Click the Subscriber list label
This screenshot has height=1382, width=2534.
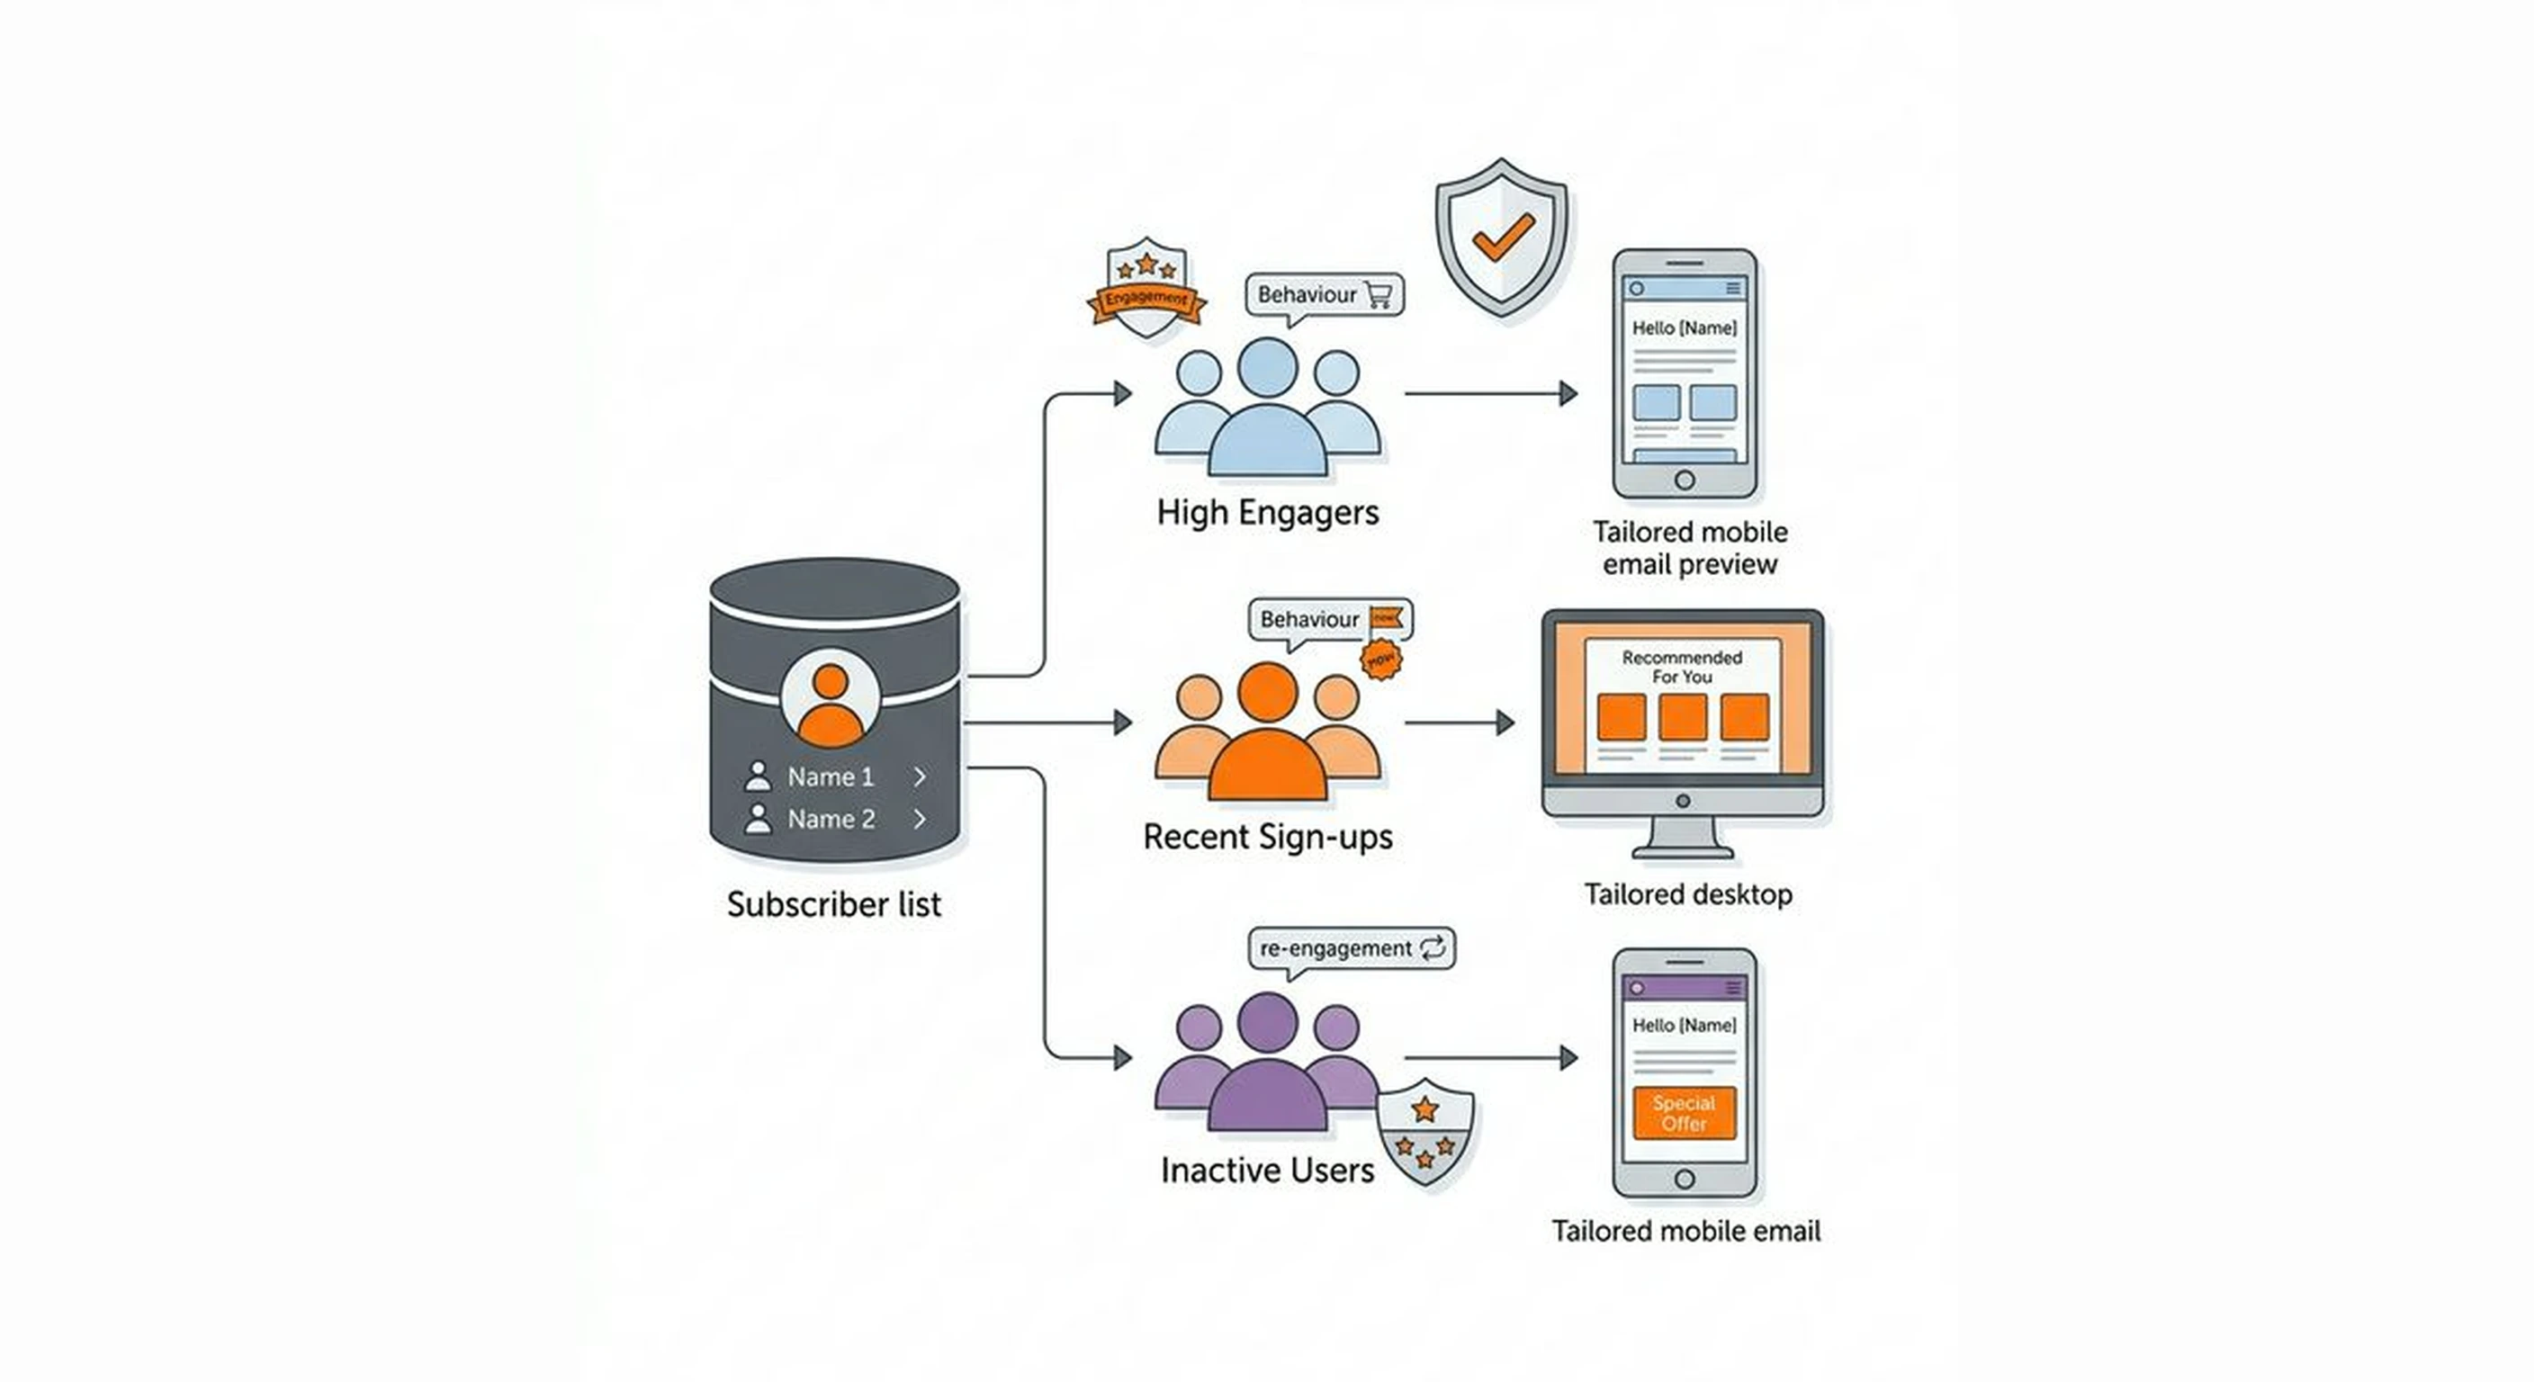[833, 904]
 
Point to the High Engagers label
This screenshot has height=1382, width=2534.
[1267, 513]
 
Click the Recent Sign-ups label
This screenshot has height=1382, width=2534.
[1267, 837]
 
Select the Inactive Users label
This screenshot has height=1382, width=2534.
[1267, 1170]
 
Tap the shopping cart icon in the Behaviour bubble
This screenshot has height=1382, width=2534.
[1379, 294]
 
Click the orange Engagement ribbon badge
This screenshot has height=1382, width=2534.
[1146, 299]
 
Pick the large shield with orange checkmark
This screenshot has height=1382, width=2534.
[1501, 236]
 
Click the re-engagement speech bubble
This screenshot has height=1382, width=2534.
[1351, 948]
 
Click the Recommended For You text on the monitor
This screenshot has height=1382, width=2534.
[1681, 667]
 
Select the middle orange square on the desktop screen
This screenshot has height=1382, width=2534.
[1682, 717]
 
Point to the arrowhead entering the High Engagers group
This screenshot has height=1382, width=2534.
[1122, 393]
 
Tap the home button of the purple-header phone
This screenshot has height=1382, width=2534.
[1685, 1179]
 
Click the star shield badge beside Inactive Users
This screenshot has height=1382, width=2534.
[1424, 1131]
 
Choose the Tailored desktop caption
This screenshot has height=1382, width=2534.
[1687, 894]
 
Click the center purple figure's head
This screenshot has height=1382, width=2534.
[1267, 1021]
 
